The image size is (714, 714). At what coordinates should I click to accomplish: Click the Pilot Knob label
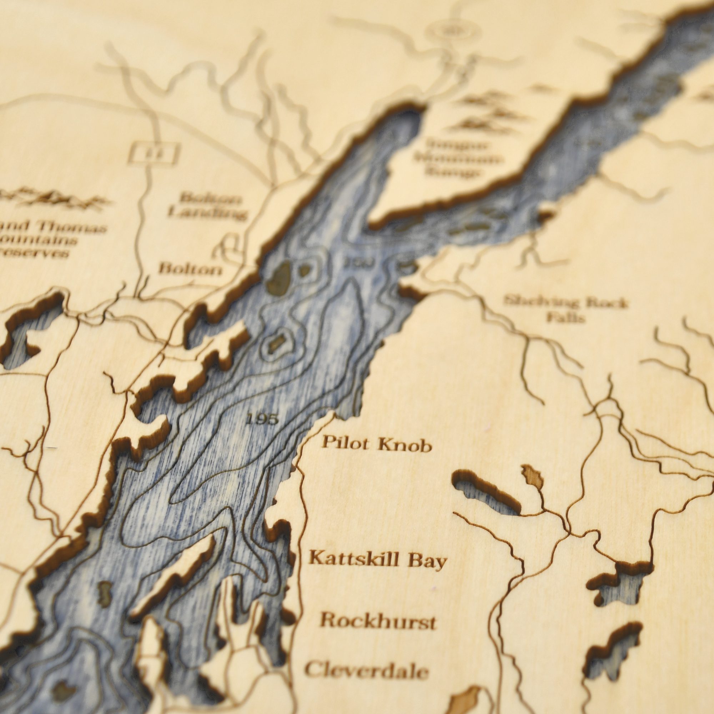point(376,444)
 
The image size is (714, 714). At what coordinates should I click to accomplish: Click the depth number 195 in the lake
point(261,419)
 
